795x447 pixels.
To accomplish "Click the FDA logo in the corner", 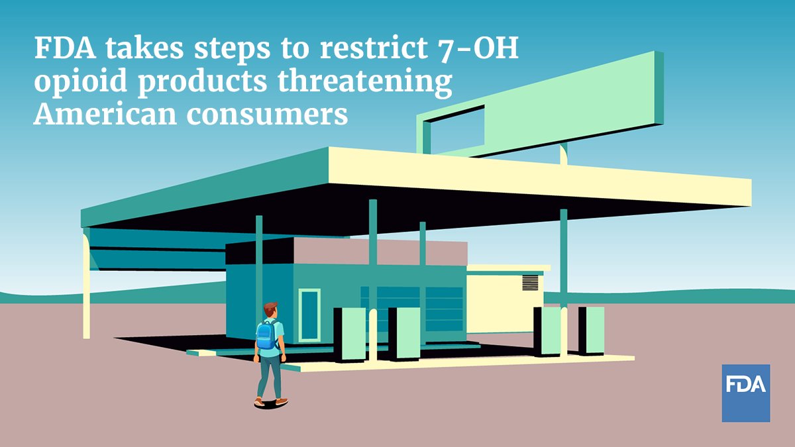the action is pos(746,393).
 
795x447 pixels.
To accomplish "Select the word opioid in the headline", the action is pos(80,81).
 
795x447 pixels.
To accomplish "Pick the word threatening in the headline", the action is pos(365,81).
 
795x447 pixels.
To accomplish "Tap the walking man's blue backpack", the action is pos(267,335).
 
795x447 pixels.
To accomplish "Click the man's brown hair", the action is pos(270,308).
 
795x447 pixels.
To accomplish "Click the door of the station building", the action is pos(309,315).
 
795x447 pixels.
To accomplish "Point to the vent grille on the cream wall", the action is pos(530,282).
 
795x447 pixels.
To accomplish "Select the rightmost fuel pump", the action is pos(591,331).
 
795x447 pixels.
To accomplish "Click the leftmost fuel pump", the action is pos(350,335).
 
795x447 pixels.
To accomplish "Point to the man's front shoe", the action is pos(282,401).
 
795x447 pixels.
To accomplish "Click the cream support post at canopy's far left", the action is pos(86,285).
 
